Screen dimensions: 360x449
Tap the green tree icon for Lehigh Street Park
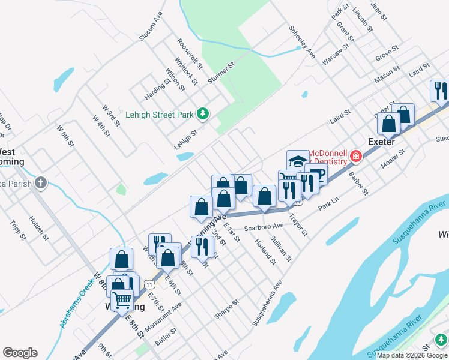(203, 114)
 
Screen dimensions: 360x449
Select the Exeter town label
(381, 142)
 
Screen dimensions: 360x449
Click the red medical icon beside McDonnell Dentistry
(356, 157)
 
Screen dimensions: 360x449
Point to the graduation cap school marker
(298, 160)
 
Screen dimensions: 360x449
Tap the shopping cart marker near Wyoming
(122, 299)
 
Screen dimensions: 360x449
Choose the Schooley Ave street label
(301, 41)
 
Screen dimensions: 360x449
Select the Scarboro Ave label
(265, 227)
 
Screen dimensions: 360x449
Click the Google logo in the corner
(20, 353)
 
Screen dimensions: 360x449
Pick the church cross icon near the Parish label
(40, 182)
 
